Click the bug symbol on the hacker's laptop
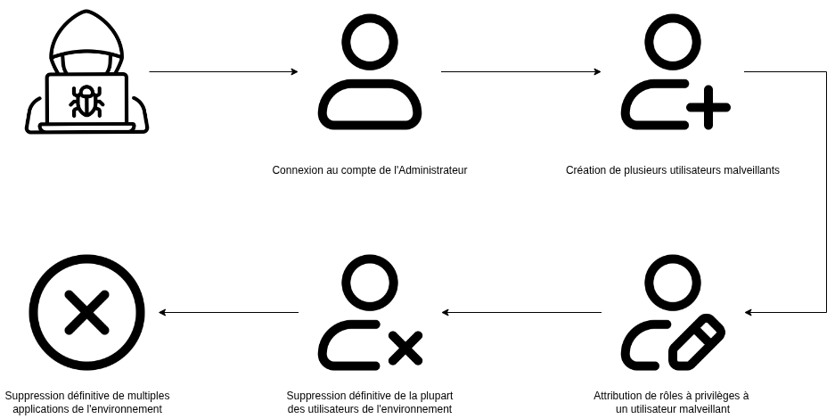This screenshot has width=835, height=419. click(x=86, y=101)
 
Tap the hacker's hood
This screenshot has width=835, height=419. click(x=86, y=33)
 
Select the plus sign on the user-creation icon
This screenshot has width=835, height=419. click(x=708, y=107)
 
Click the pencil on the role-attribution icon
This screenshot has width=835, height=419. click(x=697, y=341)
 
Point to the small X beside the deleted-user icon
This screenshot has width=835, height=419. click(x=405, y=349)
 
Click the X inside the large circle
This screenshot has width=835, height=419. click(x=86, y=313)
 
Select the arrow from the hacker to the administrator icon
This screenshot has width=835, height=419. click(x=224, y=71)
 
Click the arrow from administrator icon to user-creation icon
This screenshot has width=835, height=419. click(x=520, y=71)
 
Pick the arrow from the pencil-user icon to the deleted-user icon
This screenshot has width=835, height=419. click(x=522, y=313)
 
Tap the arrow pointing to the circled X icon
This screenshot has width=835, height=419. click(x=229, y=313)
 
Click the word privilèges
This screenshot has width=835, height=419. click(x=716, y=396)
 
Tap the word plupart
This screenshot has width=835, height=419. click(x=436, y=396)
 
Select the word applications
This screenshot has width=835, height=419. click(x=37, y=409)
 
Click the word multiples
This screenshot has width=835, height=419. click(x=149, y=396)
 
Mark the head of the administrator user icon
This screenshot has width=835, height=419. click(x=370, y=42)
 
